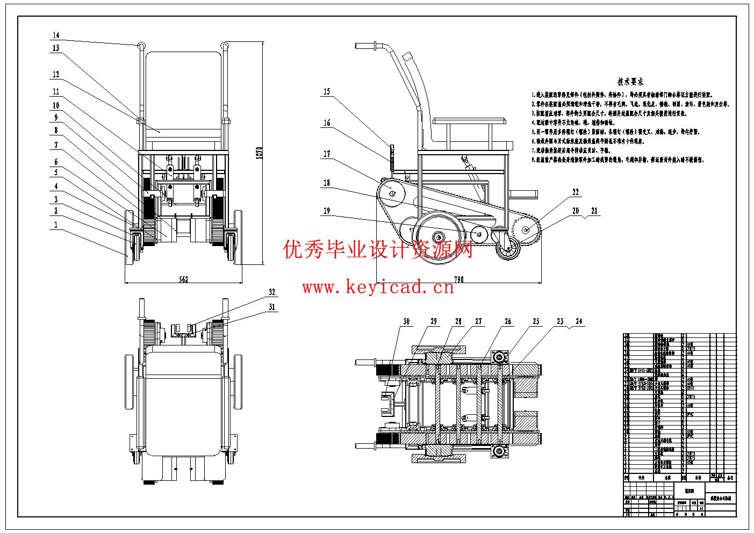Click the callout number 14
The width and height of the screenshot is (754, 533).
[56, 35]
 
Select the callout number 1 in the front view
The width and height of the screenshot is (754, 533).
[56, 225]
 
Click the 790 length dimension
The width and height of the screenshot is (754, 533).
[458, 279]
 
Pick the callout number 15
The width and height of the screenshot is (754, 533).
[326, 92]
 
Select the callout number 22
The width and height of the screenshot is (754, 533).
[576, 192]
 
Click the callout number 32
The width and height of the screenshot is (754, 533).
[272, 292]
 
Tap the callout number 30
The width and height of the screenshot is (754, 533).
[406, 321]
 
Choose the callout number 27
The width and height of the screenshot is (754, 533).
[478, 321]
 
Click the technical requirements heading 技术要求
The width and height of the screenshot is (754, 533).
[630, 82]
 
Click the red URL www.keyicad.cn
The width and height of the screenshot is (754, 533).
[378, 288]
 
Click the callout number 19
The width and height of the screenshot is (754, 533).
[326, 211]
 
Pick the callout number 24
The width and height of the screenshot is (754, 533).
[578, 321]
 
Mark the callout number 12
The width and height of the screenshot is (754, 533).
[56, 75]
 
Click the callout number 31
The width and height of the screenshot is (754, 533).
[272, 307]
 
